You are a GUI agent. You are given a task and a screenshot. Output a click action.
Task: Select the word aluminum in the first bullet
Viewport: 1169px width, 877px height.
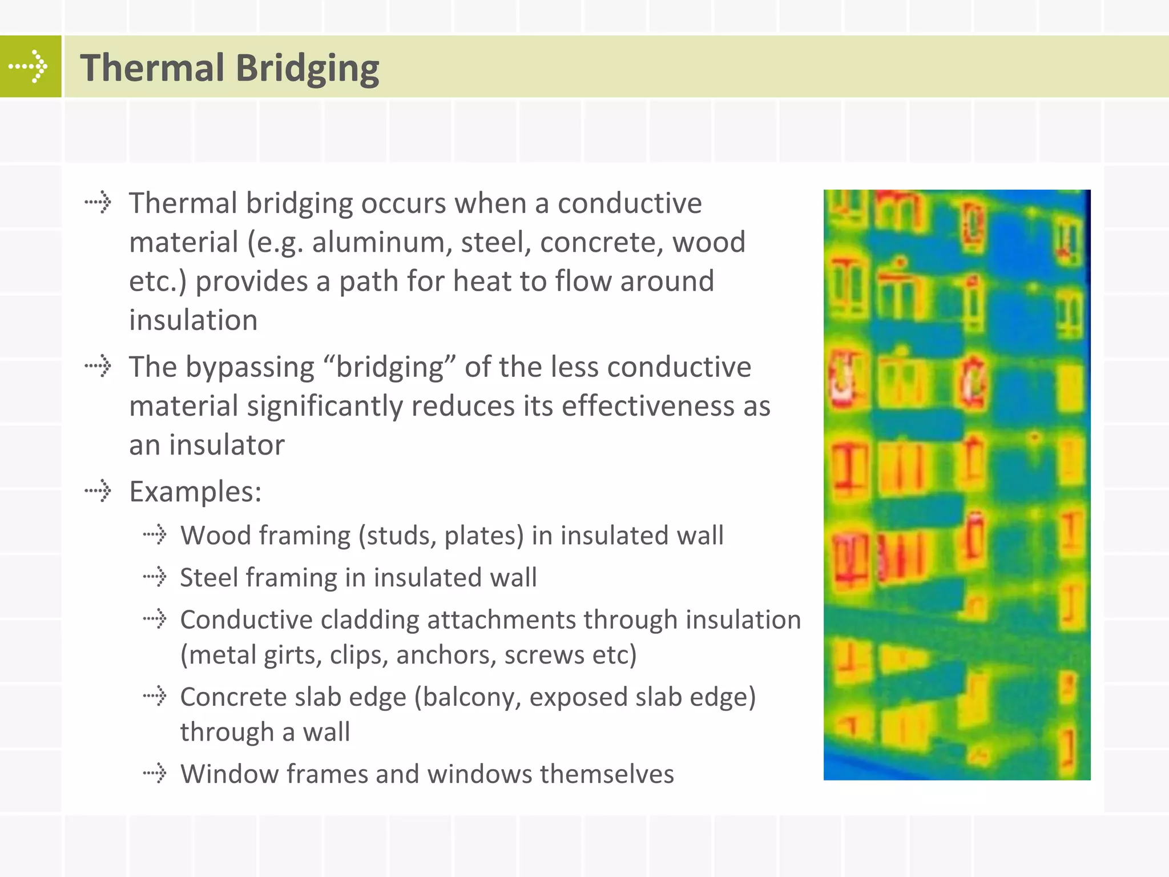(382, 243)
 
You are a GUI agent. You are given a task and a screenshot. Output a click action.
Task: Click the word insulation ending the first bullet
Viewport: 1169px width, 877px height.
(193, 320)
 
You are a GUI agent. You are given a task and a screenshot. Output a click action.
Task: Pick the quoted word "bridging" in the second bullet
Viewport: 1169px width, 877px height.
(390, 368)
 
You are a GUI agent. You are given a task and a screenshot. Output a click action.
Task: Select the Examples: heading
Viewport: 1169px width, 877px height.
(195, 492)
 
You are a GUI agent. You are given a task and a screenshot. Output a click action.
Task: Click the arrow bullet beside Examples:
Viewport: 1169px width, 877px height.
(98, 490)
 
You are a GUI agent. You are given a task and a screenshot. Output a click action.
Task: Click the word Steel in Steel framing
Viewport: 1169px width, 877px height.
(208, 578)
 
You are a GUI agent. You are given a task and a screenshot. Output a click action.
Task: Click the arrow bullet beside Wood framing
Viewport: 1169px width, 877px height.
(155, 535)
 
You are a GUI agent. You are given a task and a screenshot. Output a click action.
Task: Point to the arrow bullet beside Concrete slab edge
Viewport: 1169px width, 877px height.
(155, 696)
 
